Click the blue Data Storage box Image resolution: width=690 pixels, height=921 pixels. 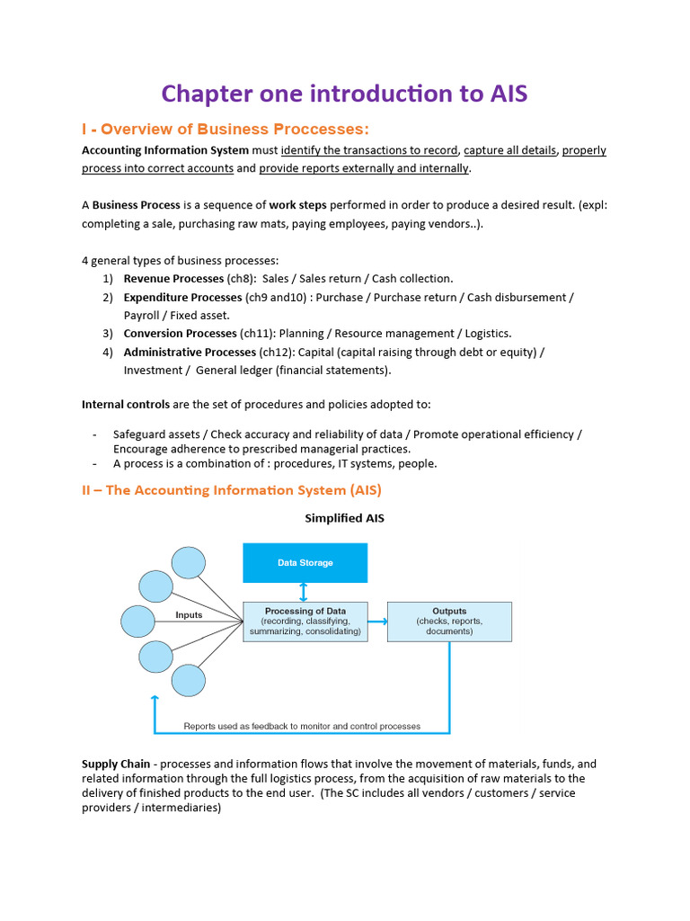[x=305, y=563]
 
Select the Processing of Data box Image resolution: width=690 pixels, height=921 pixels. [x=305, y=621]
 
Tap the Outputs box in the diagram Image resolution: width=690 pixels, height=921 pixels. [x=449, y=621]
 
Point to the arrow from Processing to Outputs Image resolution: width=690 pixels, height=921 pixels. [x=377, y=621]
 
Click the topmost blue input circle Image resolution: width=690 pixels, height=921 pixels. [x=189, y=563]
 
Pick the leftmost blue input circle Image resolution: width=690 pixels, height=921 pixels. [x=137, y=621]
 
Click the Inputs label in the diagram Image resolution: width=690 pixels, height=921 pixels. [x=189, y=615]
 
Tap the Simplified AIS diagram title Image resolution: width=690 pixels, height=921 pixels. [x=344, y=518]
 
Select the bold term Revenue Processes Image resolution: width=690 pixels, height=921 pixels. [x=173, y=279]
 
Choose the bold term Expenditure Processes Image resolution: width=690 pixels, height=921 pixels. [x=183, y=297]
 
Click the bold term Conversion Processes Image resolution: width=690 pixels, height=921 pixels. [x=180, y=333]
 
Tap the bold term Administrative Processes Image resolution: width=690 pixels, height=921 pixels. [x=190, y=352]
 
